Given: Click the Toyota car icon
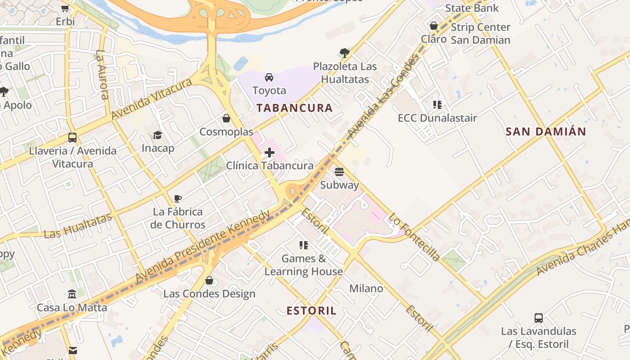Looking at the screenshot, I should (x=269, y=77).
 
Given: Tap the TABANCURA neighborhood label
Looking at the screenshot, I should (x=295, y=108).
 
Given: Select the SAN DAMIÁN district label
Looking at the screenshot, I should (x=546, y=132).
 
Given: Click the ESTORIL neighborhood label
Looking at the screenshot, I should (x=311, y=311).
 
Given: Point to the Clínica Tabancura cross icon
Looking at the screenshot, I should (x=270, y=153).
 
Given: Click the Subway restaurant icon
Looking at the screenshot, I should (x=339, y=172).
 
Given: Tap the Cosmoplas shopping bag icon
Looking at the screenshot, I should (x=226, y=118).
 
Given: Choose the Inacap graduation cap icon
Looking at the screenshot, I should (x=157, y=135).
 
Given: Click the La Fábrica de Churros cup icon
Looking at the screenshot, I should (x=178, y=198).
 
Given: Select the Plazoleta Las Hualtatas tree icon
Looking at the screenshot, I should (x=345, y=53).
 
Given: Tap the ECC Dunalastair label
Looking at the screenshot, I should (x=437, y=118).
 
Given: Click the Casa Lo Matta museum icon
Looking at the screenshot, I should (x=72, y=294).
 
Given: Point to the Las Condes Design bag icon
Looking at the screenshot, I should (x=209, y=281).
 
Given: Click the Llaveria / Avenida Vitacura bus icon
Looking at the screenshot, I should (x=72, y=137).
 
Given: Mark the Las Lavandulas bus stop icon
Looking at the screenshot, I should (x=539, y=318).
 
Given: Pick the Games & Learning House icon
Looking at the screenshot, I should (x=304, y=245).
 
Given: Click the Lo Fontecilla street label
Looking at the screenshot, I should (x=414, y=237).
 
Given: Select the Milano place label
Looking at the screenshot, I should (x=366, y=288).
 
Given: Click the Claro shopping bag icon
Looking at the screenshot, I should (x=434, y=26).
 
